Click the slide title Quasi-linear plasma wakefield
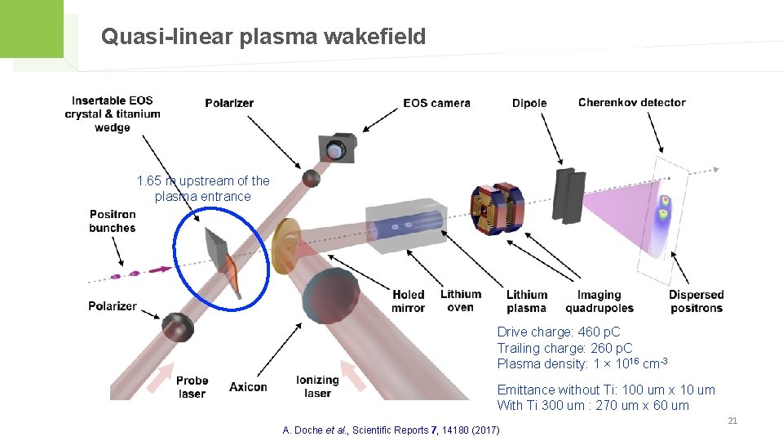click(x=263, y=37)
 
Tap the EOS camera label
click(x=436, y=103)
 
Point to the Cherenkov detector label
click(x=631, y=102)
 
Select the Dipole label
click(x=529, y=103)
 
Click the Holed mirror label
click(x=408, y=301)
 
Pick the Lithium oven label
click(x=461, y=301)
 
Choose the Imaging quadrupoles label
click(x=599, y=301)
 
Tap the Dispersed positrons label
click(x=696, y=301)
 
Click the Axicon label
click(x=248, y=386)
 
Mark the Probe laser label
click(x=192, y=386)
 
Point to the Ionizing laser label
click(x=317, y=386)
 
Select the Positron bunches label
click(x=113, y=221)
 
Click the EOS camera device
click(x=337, y=147)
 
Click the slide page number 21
click(x=732, y=421)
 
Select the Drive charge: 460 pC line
click(x=559, y=332)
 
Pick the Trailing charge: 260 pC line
click(x=564, y=348)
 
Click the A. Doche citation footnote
click(x=391, y=430)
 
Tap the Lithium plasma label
click(x=526, y=301)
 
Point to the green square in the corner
click(x=31, y=29)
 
